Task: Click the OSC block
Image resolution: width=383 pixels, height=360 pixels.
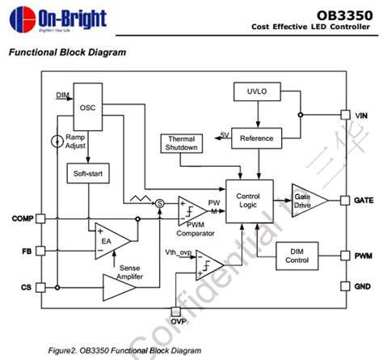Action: tap(88, 106)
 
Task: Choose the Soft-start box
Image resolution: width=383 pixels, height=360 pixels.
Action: tap(86, 173)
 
